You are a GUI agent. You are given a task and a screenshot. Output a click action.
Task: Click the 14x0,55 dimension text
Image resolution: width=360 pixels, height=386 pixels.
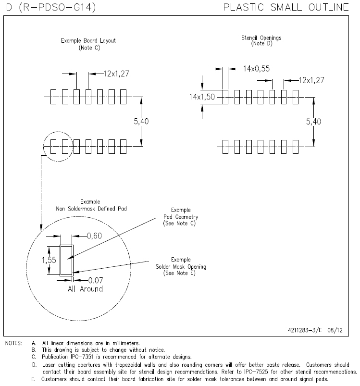tap(256, 69)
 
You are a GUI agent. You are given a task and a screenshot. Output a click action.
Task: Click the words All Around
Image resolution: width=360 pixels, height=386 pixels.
tap(85, 289)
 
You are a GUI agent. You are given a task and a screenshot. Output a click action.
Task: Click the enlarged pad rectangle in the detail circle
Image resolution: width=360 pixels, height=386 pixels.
tap(66, 260)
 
